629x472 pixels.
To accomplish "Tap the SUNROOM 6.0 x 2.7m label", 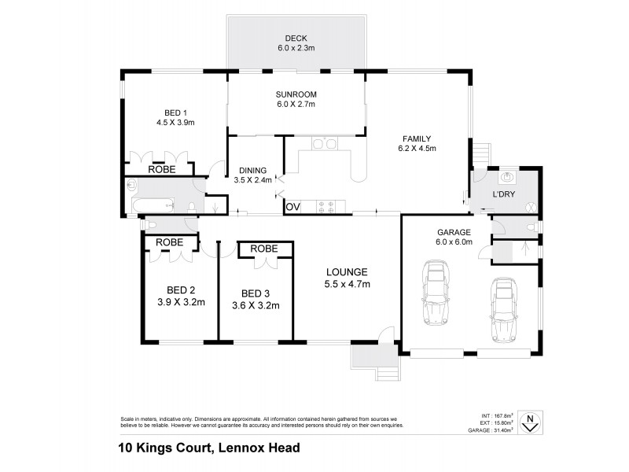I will coord(296,99).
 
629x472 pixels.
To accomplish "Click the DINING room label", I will coord(253,175).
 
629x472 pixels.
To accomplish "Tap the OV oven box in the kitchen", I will coord(292,207).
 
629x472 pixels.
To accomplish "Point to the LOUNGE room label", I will coord(348,278).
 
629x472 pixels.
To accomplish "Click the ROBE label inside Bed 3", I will coord(264,249).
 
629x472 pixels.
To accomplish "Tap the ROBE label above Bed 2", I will coord(169,242).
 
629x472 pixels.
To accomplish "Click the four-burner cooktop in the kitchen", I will coord(326,207).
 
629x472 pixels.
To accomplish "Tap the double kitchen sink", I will coord(324,144).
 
